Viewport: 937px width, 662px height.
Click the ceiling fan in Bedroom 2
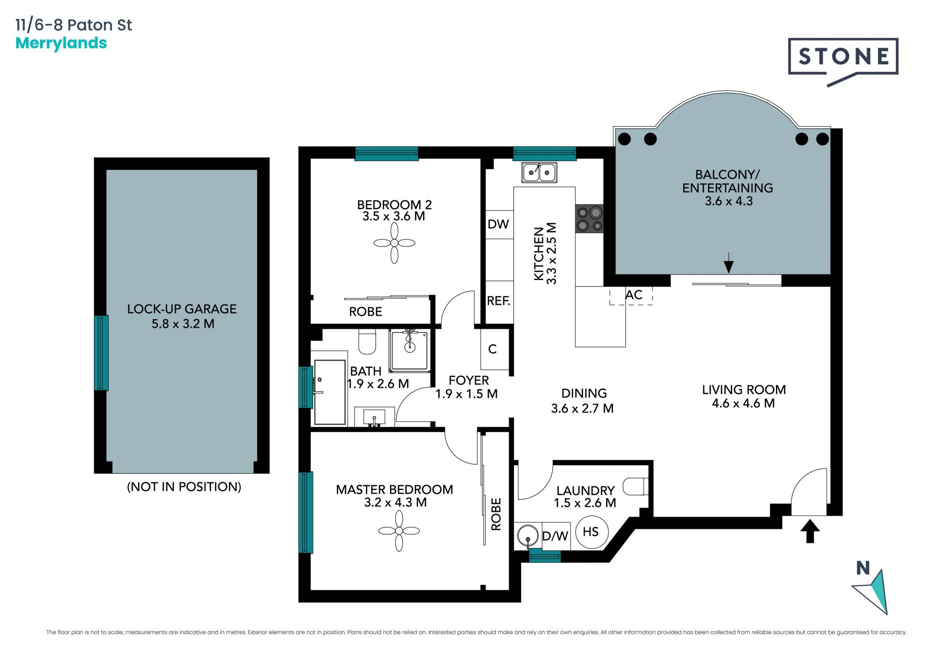[x=394, y=243]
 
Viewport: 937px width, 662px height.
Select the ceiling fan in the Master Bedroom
[x=399, y=531]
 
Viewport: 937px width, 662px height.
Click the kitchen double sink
[x=539, y=172]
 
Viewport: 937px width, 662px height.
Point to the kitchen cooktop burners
[x=590, y=219]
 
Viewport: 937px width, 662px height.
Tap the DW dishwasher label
[x=498, y=224]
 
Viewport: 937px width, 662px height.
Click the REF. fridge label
[x=498, y=301]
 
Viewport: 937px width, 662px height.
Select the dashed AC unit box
[x=631, y=296]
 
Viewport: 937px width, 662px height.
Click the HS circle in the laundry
[x=591, y=532]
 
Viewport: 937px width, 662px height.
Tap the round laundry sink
[x=528, y=536]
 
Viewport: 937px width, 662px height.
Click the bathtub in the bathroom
[x=330, y=392]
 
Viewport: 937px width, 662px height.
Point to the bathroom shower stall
[x=409, y=350]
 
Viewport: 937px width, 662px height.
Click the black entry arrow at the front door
[x=810, y=531]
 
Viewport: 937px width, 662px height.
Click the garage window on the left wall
[x=102, y=353]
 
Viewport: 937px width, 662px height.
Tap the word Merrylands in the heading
[x=61, y=43]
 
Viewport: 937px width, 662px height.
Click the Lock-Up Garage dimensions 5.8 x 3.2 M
[x=183, y=323]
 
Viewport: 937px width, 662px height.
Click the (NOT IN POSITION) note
[x=184, y=486]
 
